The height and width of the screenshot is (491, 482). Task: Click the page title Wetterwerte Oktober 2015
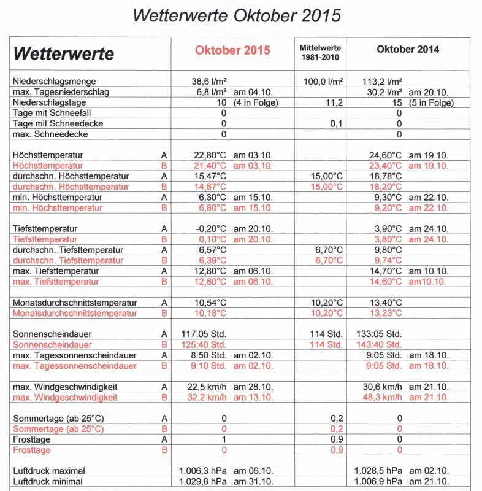pyautogui.click(x=237, y=15)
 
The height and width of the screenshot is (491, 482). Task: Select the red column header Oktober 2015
pyautogui.click(x=232, y=50)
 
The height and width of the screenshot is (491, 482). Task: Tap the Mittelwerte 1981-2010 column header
pyautogui.click(x=320, y=52)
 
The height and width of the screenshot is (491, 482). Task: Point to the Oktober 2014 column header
pyautogui.click(x=408, y=50)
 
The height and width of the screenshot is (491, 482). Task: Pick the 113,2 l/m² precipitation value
pyautogui.click(x=383, y=81)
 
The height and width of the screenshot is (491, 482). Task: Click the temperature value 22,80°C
pyautogui.click(x=210, y=155)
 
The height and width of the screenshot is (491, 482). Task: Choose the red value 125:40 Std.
pyautogui.click(x=205, y=344)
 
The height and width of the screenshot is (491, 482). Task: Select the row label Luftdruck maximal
pyautogui.click(x=48, y=471)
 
